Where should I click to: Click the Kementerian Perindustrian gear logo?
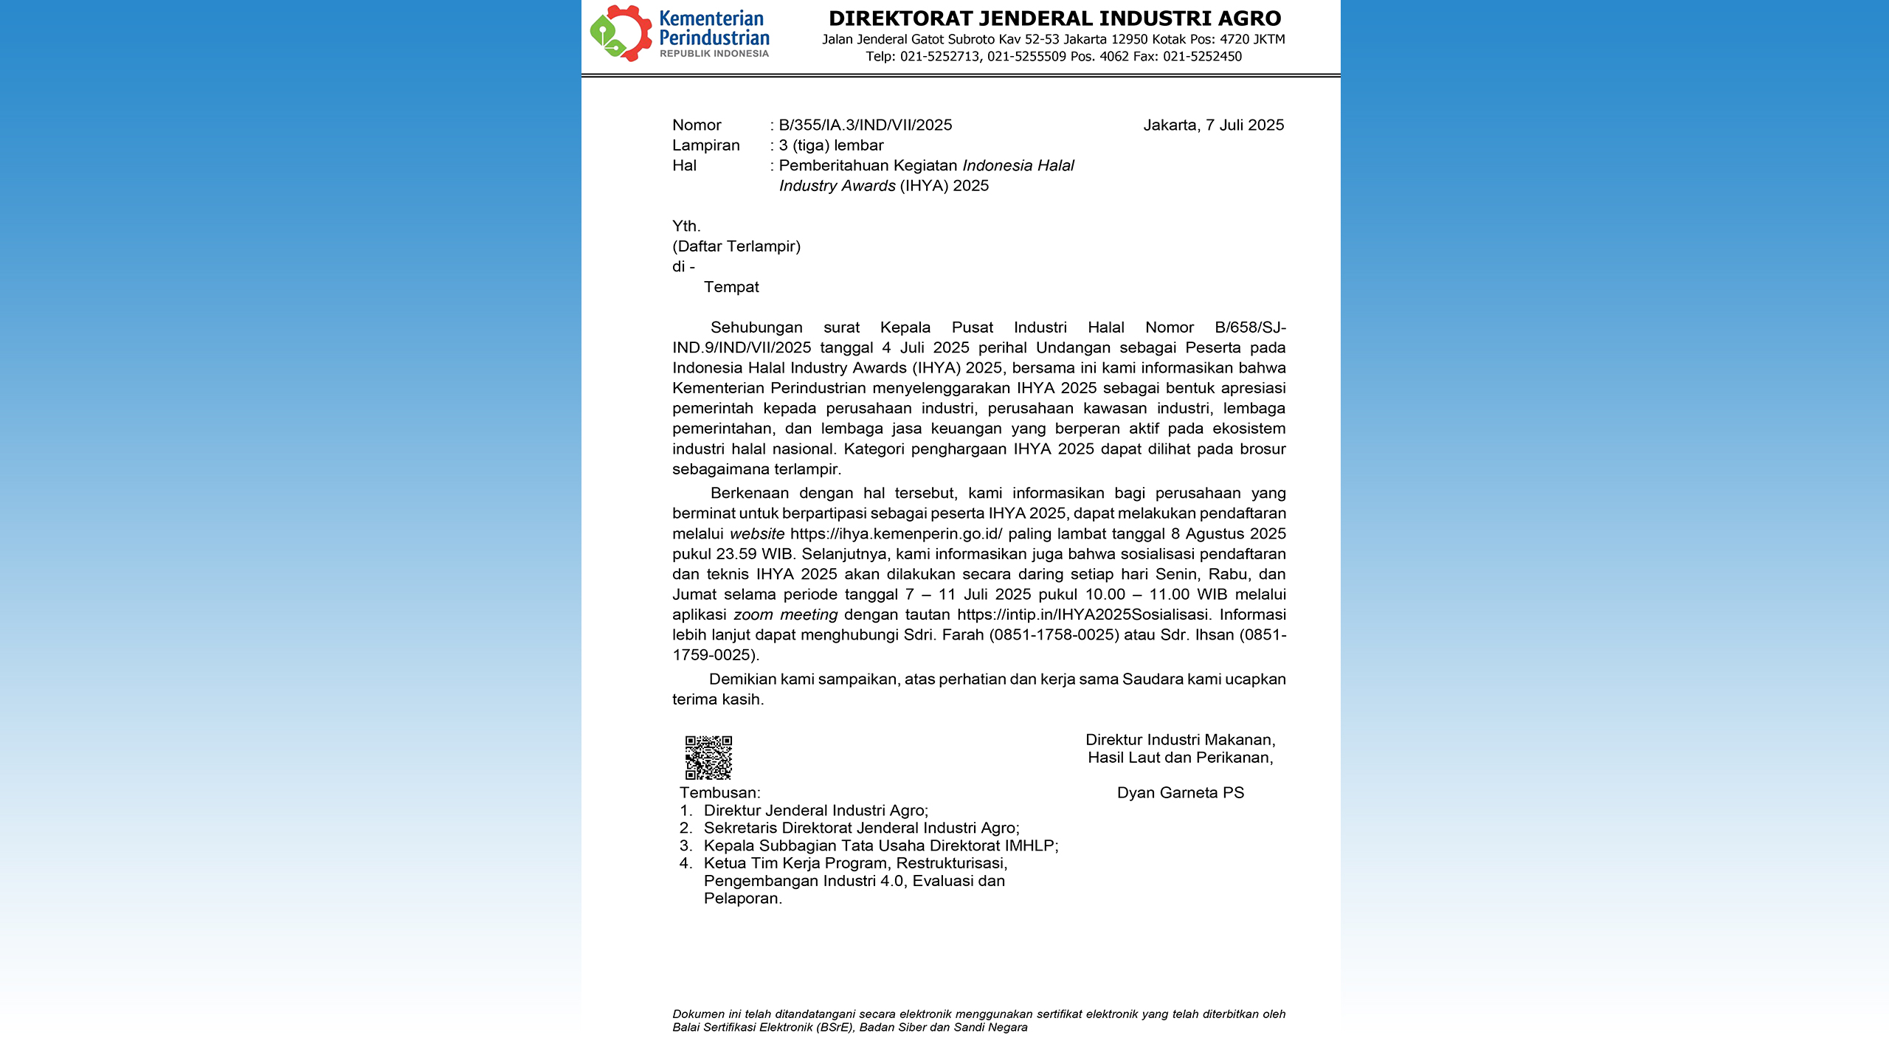coord(620,33)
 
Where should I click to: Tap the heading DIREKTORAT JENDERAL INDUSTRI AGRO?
coord(1054,18)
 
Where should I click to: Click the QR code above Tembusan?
coord(708,757)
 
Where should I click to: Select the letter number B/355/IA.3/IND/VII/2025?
coord(866,125)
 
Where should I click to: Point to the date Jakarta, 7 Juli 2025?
coord(1213,125)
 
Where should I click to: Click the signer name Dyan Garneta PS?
coord(1180,793)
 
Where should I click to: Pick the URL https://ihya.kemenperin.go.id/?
coord(896,534)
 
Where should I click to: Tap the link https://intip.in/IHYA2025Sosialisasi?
coord(1082,615)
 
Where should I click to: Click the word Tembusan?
coord(719,793)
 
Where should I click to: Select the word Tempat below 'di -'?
coord(731,287)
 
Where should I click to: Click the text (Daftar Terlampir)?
coord(736,246)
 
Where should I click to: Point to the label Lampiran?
coord(705,145)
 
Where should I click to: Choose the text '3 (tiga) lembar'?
coord(832,145)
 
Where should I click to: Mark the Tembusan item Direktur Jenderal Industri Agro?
coord(815,811)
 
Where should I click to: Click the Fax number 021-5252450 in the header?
coord(1202,57)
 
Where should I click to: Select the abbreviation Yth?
coord(686,226)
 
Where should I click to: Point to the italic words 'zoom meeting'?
coord(785,615)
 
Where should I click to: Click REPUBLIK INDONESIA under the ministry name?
coord(714,54)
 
